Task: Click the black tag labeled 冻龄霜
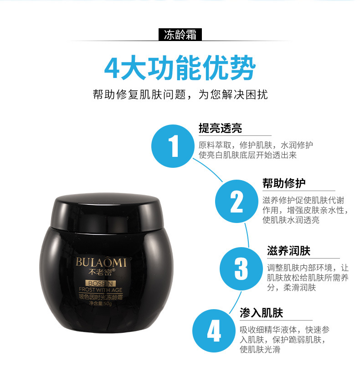click(180, 35)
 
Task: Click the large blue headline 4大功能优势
click(180, 68)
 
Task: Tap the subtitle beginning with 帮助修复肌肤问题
click(180, 94)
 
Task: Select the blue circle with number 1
click(174, 145)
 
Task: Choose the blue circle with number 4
click(214, 332)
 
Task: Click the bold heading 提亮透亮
click(220, 128)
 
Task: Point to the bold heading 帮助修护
click(284, 183)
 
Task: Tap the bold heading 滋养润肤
click(288, 251)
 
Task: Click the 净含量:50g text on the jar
click(94, 303)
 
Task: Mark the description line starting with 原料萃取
click(256, 145)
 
